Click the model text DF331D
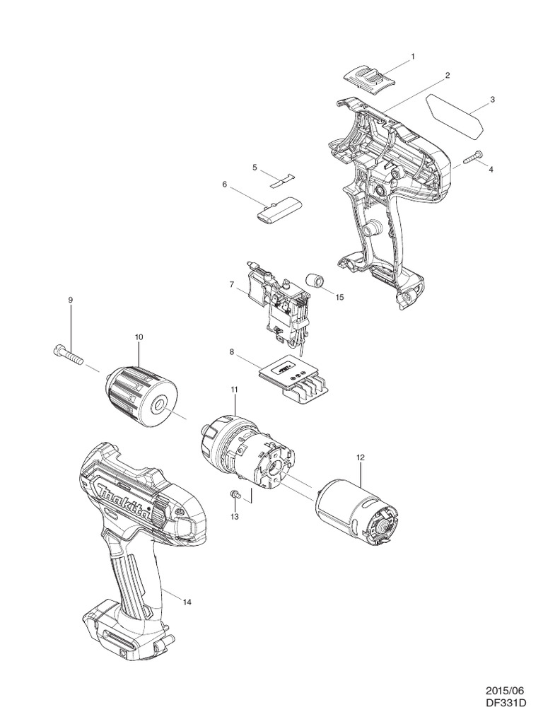pyautogui.click(x=506, y=703)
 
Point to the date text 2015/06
pyautogui.click(x=506, y=690)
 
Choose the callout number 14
pyautogui.click(x=187, y=602)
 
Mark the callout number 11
pyautogui.click(x=234, y=390)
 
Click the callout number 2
pyautogui.click(x=448, y=74)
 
